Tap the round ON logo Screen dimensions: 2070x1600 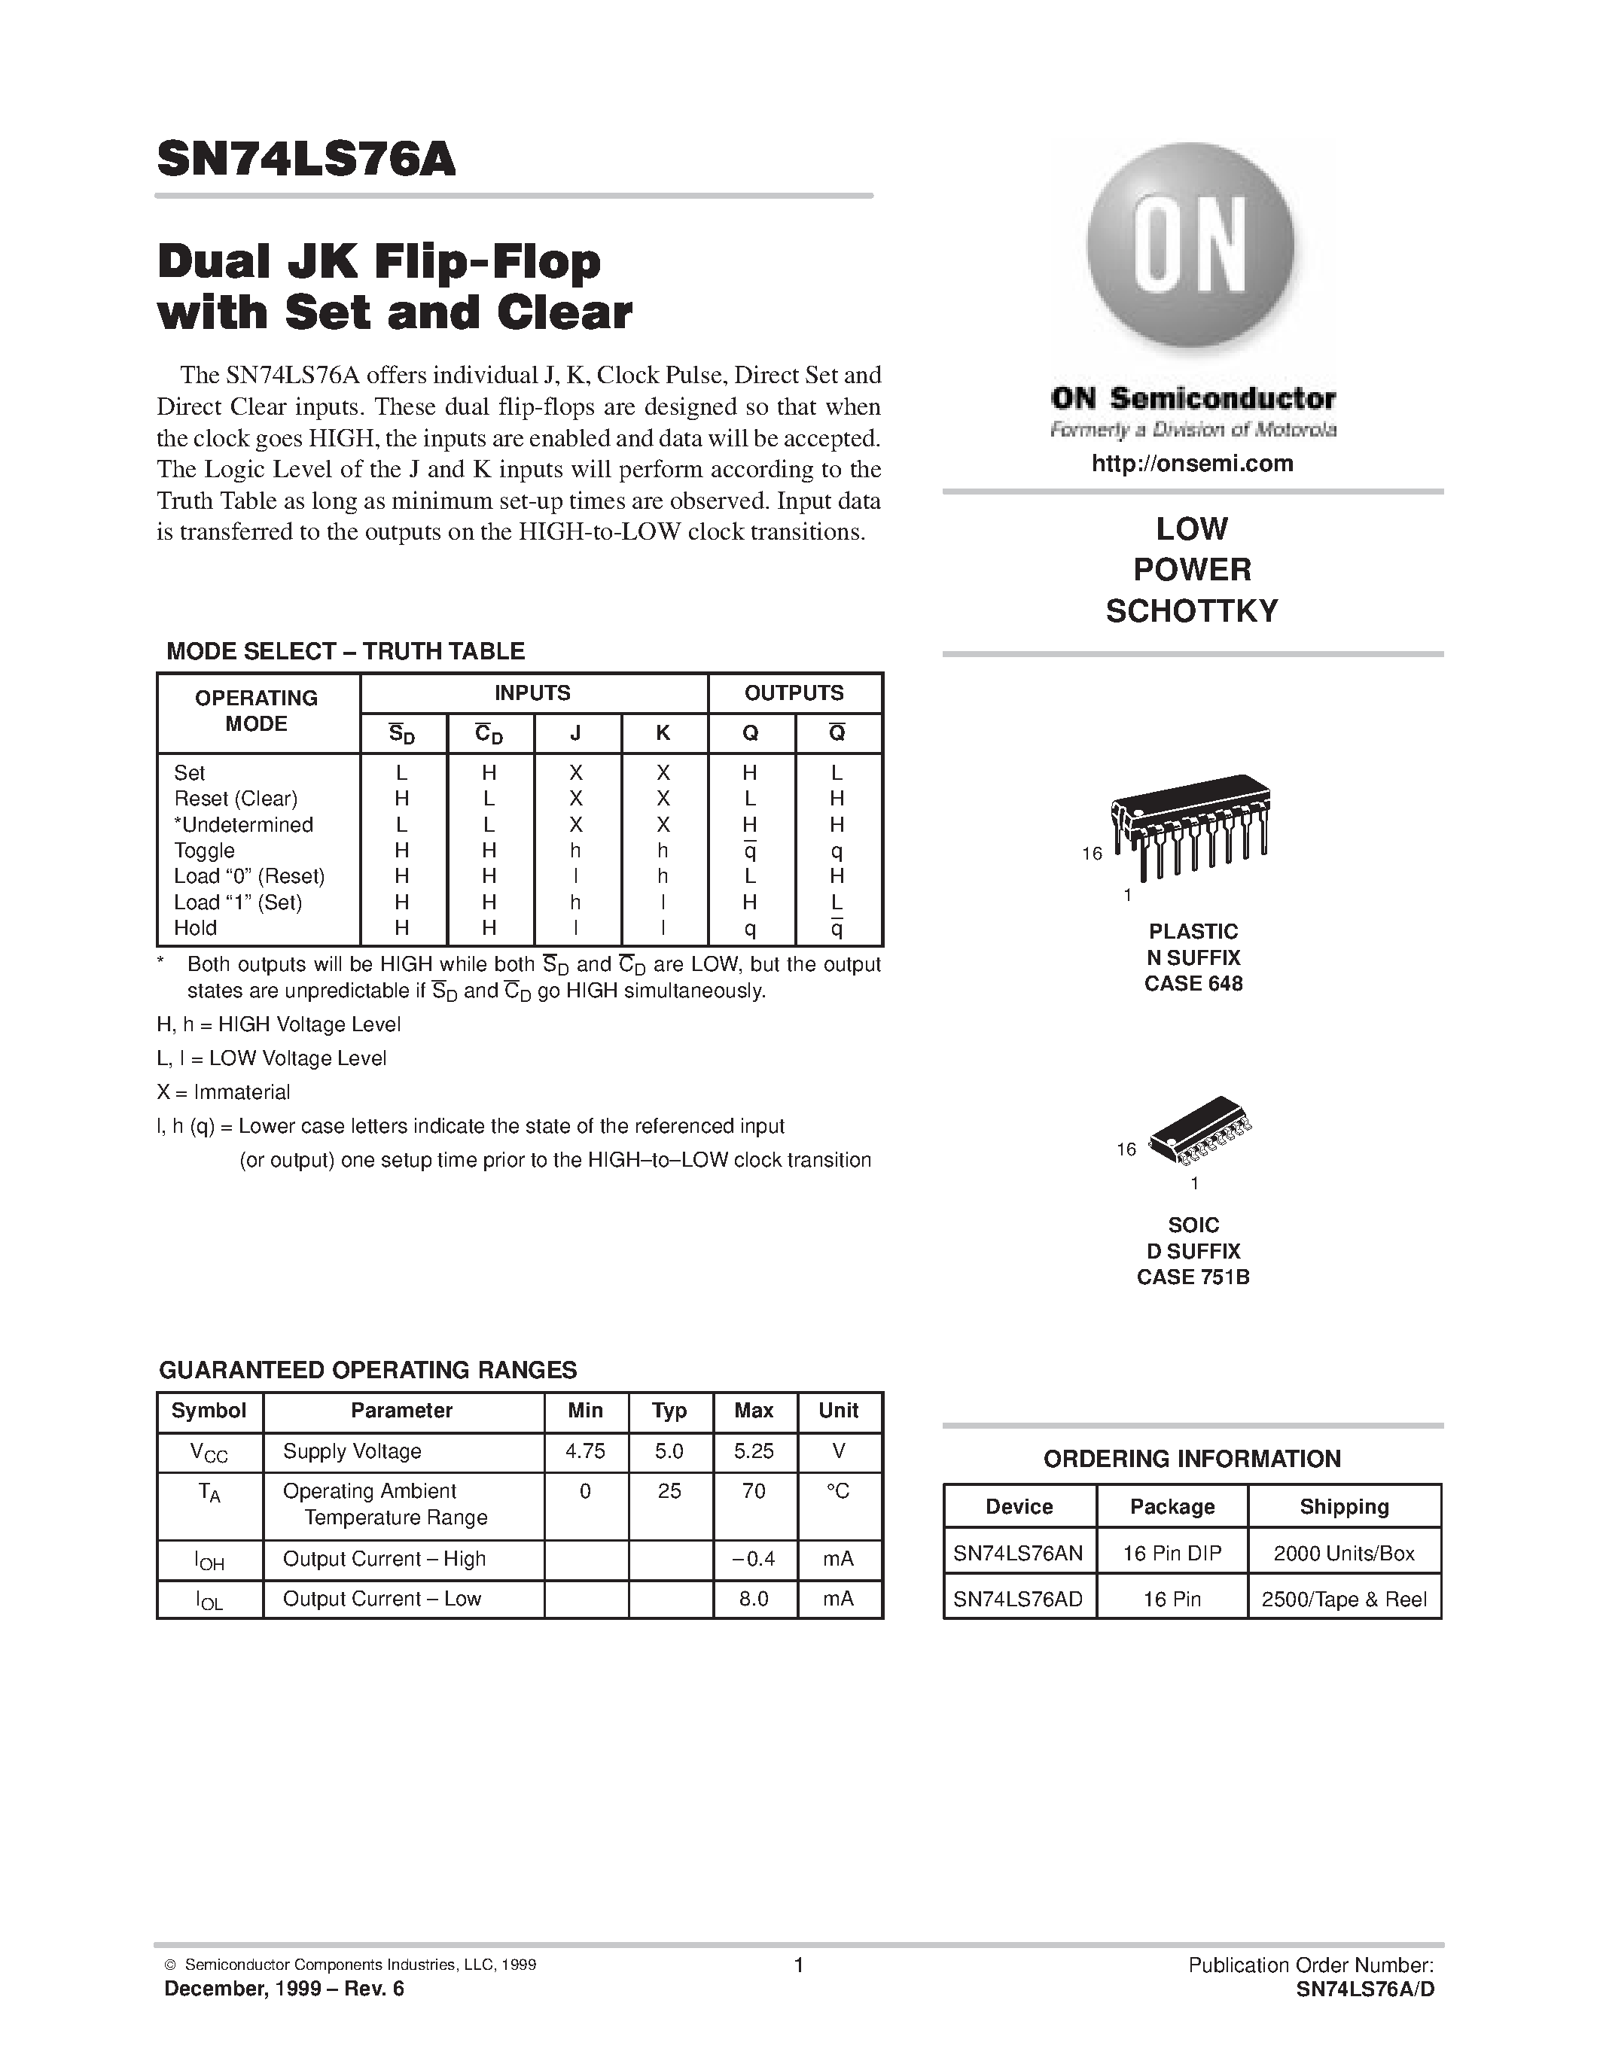tap(1190, 245)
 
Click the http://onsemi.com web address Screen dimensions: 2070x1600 tap(1191, 464)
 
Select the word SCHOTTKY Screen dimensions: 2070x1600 tap(1191, 611)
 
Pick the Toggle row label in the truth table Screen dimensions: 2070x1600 tap(204, 850)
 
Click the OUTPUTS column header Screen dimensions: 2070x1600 tap(794, 693)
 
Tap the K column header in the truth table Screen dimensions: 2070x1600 tap(663, 732)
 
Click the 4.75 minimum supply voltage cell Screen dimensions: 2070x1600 tap(585, 1451)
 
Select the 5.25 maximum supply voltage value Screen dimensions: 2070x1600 tap(754, 1451)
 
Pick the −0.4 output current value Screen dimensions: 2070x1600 tap(754, 1559)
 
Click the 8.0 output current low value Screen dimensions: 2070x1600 tap(754, 1599)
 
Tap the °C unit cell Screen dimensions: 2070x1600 tap(838, 1491)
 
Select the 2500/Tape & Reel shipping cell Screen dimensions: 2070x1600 tap(1343, 1600)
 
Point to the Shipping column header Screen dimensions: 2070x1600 tap(1343, 1507)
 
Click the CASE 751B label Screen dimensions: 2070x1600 tap(1193, 1277)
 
